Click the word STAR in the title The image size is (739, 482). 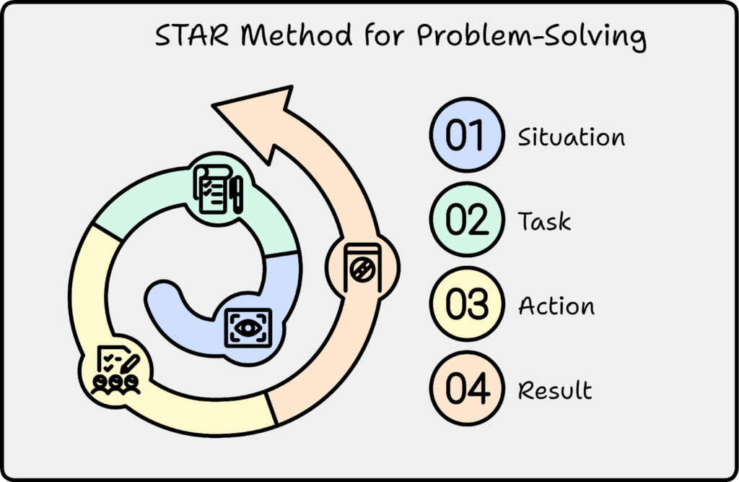tap(192, 35)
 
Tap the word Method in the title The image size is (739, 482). tap(297, 35)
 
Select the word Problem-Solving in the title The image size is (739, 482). tap(532, 36)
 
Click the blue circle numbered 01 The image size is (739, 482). tap(467, 135)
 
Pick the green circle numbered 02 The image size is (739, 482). tap(467, 220)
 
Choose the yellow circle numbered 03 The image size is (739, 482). tap(467, 304)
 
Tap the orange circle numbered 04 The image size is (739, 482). tap(467, 389)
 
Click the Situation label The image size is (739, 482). tap(572, 137)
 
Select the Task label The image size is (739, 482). tap(544, 221)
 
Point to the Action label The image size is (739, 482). tap(556, 306)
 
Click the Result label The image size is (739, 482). tap(555, 390)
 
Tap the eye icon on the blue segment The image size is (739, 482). tap(248, 328)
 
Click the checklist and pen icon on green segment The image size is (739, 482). tap(218, 189)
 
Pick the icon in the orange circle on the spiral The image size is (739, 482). tap(362, 267)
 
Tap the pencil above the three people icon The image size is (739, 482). tap(130, 365)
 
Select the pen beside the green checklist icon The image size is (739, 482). tap(237, 194)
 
